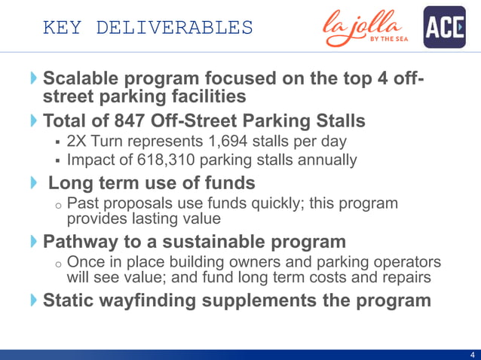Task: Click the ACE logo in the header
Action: [444, 27]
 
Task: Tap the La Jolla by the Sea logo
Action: [367, 29]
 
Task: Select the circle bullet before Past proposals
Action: [57, 206]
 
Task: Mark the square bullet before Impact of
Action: [57, 160]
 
